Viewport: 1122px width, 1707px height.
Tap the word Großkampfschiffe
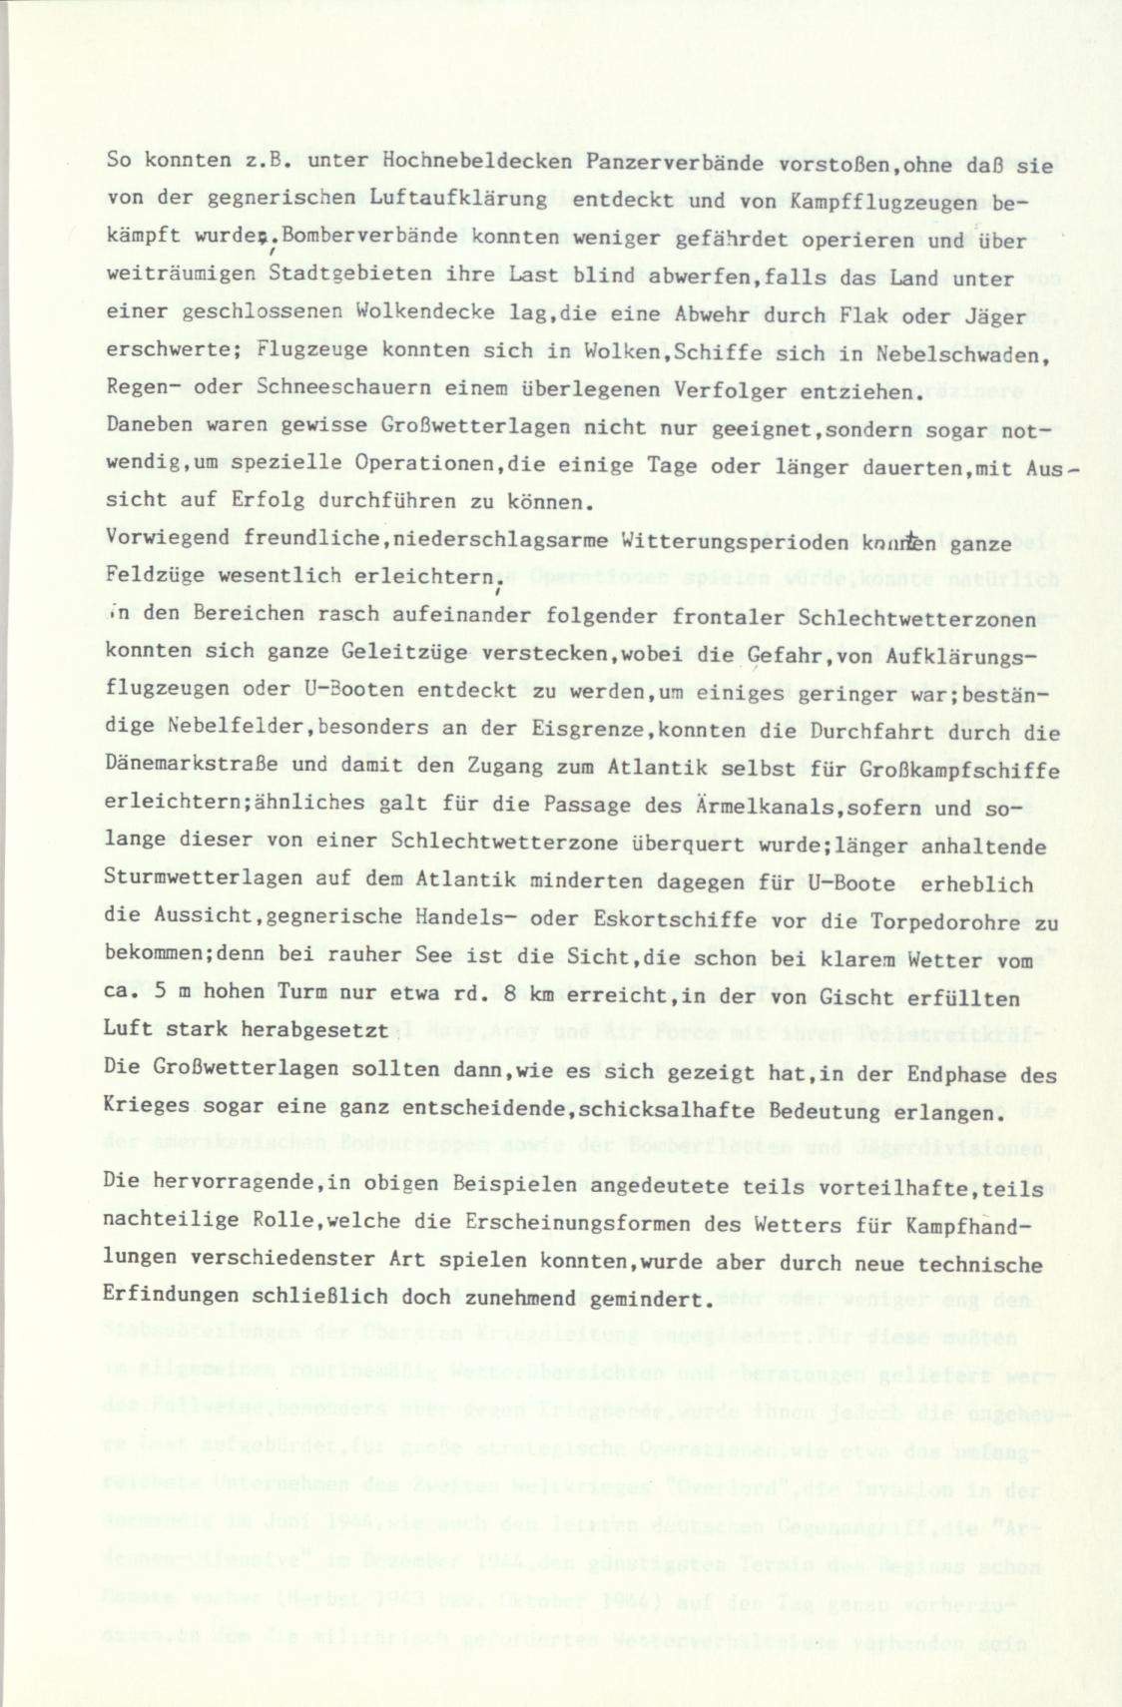967,771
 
